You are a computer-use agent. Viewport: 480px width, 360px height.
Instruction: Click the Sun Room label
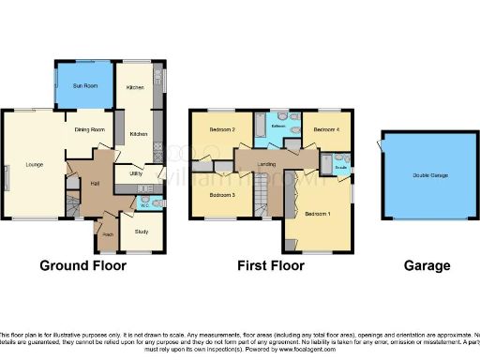85,85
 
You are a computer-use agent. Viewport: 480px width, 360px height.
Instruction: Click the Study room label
142,231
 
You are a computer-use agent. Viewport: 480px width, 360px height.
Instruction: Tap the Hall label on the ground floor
95,183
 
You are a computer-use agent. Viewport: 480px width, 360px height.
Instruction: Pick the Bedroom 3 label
221,195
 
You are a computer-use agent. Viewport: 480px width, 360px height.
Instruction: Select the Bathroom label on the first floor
278,126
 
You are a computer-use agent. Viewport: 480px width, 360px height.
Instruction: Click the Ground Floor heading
82,266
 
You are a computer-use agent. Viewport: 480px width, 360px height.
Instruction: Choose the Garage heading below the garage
427,266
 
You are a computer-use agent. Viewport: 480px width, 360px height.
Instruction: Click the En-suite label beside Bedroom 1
341,168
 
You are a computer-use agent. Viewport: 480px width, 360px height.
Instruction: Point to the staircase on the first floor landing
264,198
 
